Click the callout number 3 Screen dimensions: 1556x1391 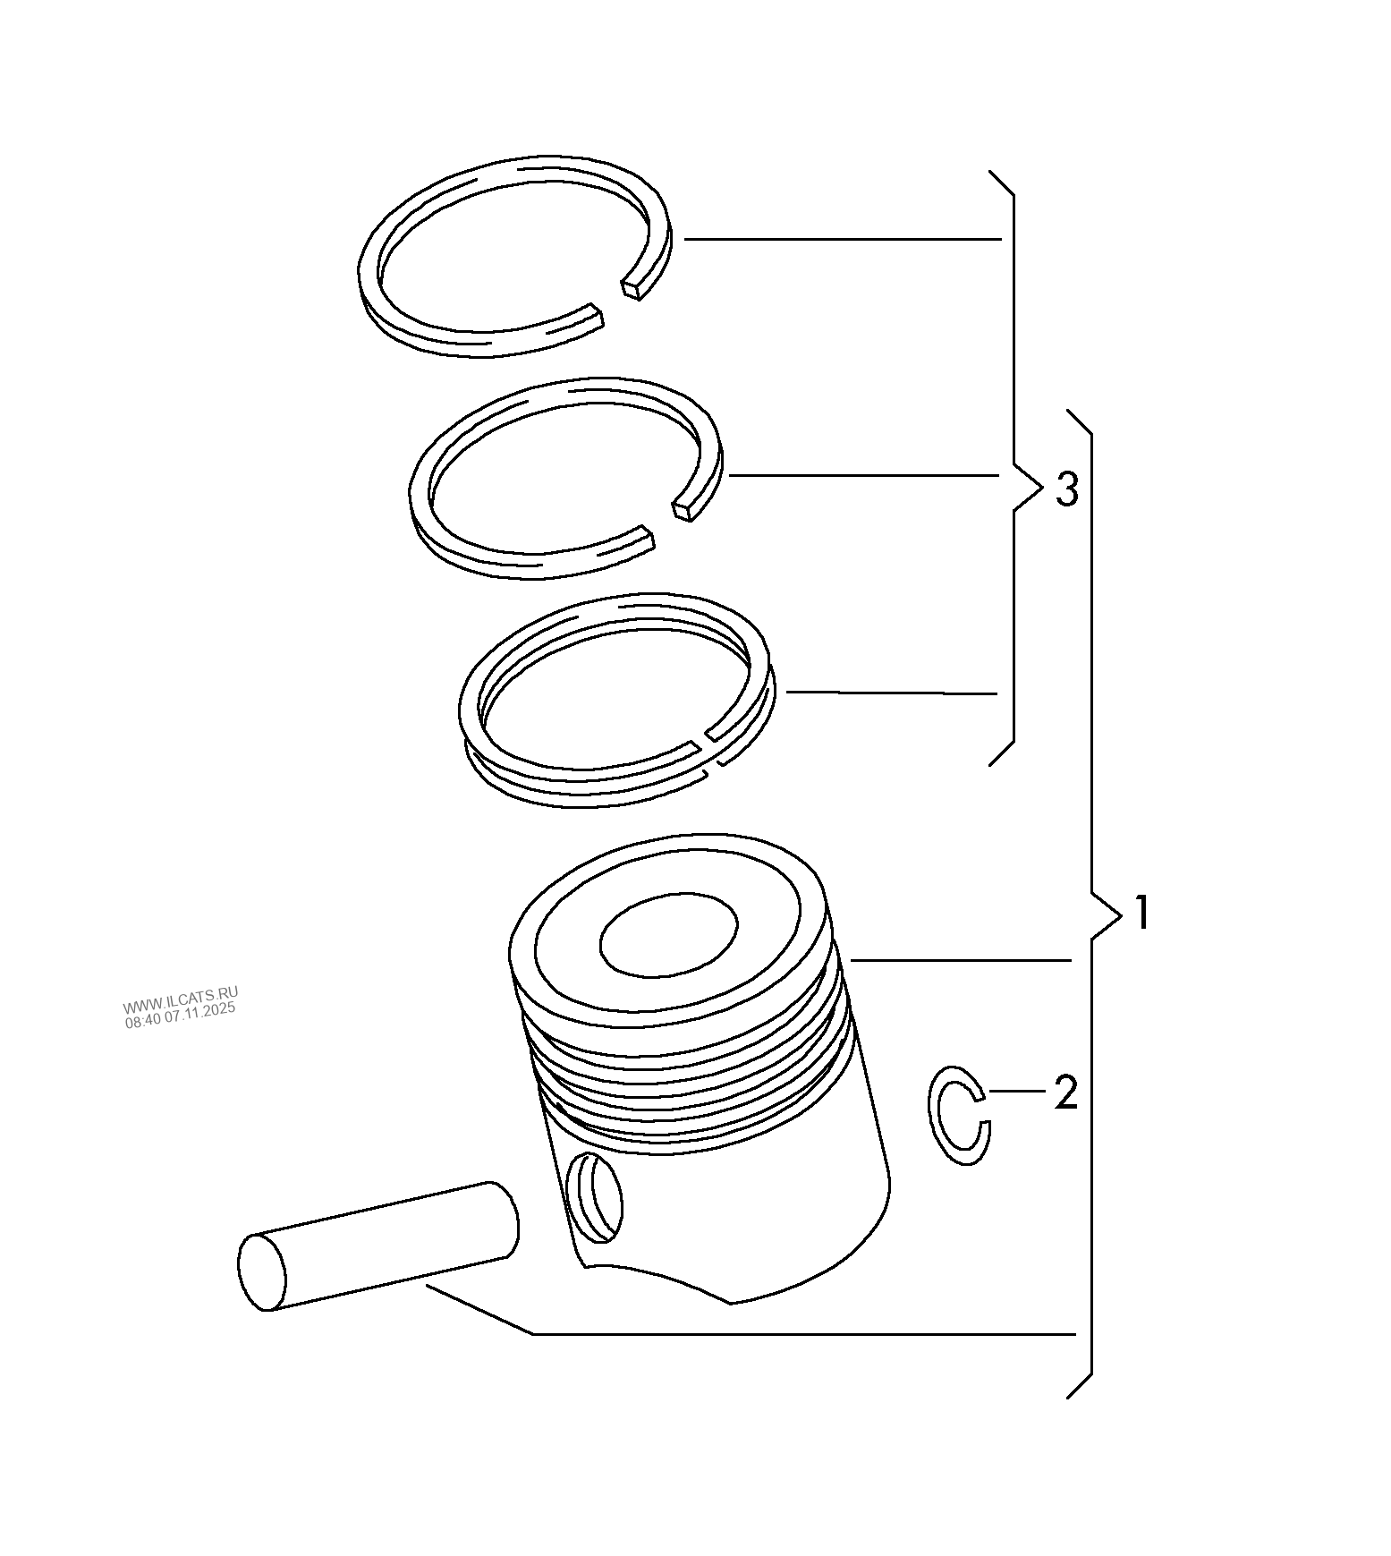[1066, 489]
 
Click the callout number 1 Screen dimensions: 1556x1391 [1141, 914]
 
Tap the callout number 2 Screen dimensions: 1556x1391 [1065, 1092]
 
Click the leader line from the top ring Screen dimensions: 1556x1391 [841, 239]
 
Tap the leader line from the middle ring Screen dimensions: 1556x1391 [863, 475]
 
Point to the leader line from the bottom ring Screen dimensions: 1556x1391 [890, 693]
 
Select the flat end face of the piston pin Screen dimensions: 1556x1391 [261, 1271]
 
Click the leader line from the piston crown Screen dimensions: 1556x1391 [962, 960]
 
